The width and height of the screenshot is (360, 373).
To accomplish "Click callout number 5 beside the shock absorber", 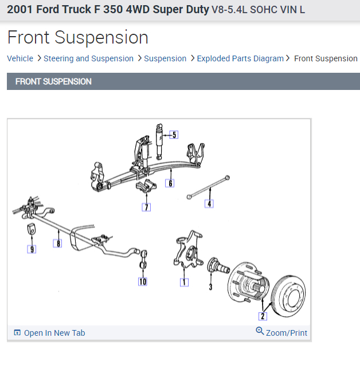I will click(174, 135).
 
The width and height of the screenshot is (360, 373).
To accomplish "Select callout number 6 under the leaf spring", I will click(170, 183).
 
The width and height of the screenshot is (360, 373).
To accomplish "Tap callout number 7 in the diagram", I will click(146, 207).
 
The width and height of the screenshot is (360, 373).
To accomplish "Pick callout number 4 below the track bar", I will click(209, 203).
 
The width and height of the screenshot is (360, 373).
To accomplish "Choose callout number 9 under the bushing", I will click(32, 249).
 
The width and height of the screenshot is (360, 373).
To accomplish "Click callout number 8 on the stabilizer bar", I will click(57, 244).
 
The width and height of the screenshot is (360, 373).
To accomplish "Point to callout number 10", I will click(142, 281).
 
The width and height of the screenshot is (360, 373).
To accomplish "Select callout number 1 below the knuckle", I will click(184, 281).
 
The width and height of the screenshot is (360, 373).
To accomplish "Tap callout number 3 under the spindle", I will click(210, 286).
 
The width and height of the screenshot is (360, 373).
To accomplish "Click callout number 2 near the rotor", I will click(263, 316).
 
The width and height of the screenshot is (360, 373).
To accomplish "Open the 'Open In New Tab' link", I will click(54, 333).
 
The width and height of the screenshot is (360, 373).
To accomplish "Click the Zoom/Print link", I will click(286, 333).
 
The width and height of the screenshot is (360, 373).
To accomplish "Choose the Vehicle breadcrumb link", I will click(20, 58).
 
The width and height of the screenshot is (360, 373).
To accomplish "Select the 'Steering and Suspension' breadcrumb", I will click(88, 58).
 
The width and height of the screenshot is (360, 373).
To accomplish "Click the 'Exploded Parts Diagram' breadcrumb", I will click(240, 58).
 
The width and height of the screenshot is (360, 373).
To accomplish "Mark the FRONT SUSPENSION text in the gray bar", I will click(53, 81).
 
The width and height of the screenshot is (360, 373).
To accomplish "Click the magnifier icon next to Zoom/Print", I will click(260, 332).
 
